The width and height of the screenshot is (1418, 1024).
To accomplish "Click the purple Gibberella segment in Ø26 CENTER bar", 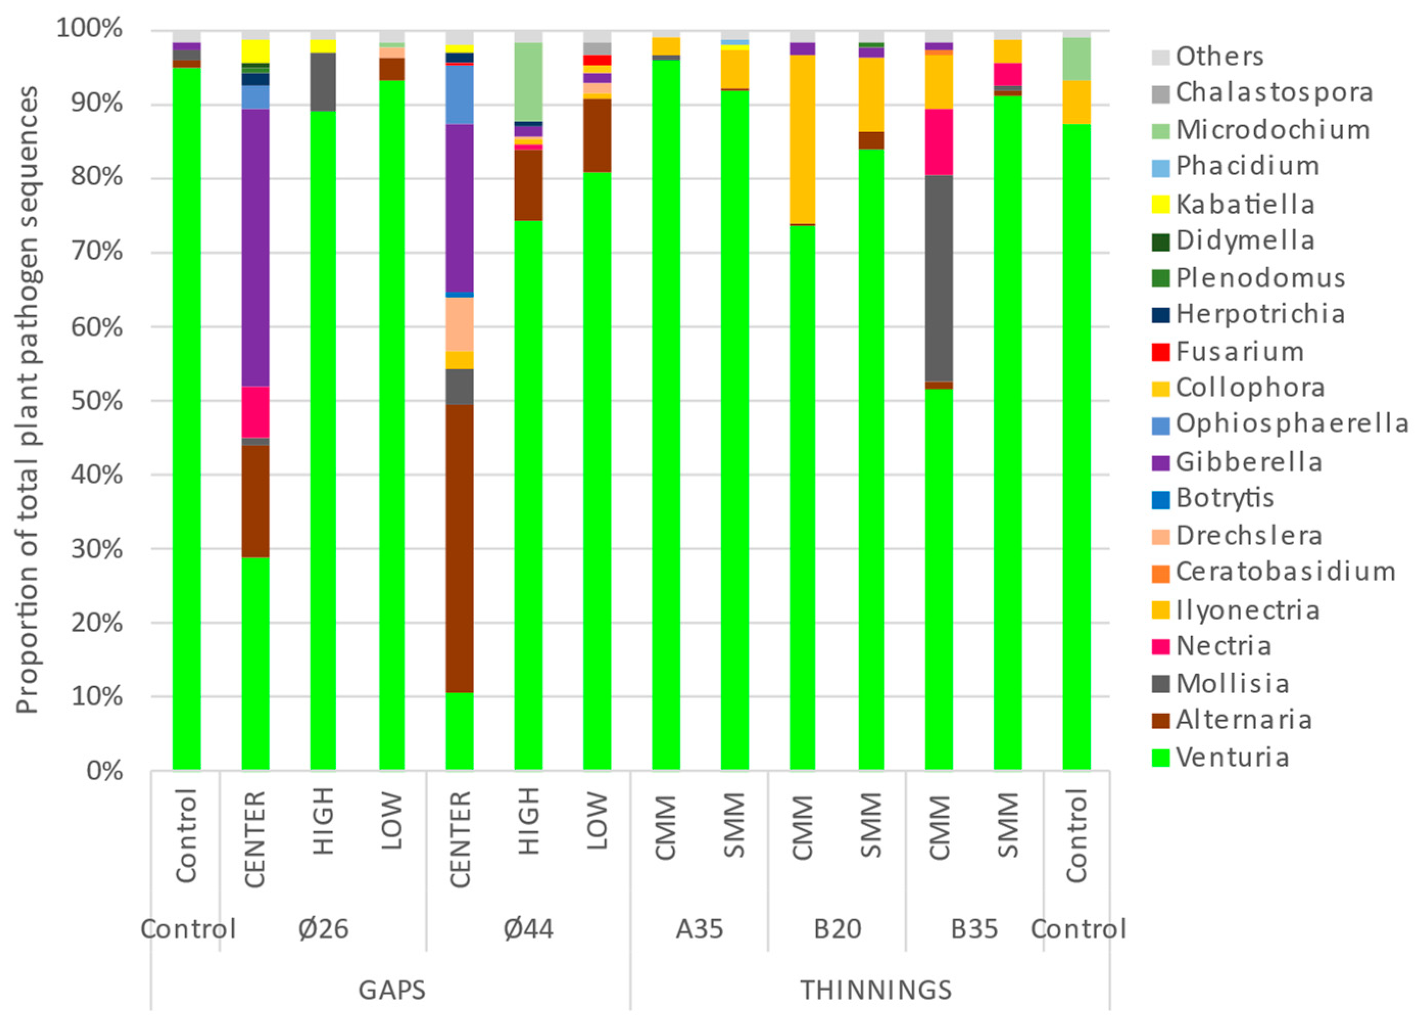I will [255, 247].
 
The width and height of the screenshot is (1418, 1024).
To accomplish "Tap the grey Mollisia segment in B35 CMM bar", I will [939, 278].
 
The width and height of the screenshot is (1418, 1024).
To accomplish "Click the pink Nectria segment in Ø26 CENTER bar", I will [255, 412].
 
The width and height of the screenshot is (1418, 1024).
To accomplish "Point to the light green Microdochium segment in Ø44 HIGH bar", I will [528, 81].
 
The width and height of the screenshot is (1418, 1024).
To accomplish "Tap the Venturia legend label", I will [1232, 757].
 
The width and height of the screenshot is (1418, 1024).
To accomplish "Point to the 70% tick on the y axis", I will [97, 252].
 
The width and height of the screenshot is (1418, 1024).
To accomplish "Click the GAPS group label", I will [392, 990].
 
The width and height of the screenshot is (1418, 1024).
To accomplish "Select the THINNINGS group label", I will [876, 990].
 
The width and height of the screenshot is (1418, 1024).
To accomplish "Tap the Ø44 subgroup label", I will [528, 929].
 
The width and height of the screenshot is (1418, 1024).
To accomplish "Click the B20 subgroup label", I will [837, 929].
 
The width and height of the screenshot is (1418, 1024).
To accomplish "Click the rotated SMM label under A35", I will [734, 825].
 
